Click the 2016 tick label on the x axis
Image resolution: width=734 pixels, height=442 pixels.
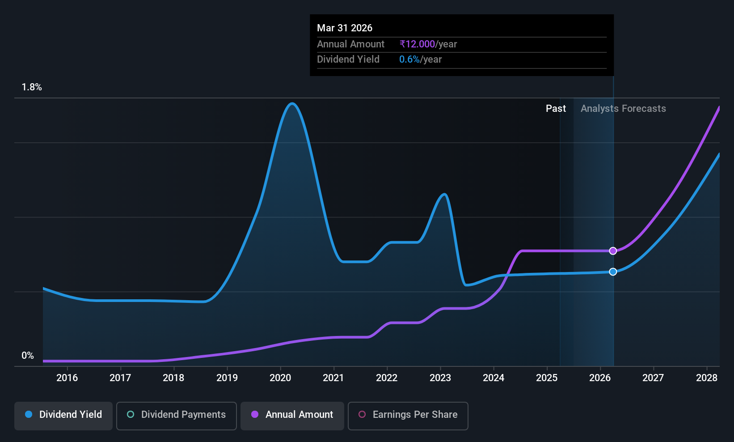67,378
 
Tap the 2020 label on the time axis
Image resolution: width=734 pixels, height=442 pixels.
280,378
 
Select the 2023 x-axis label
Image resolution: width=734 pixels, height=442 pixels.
440,378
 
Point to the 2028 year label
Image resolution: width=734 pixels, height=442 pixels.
707,378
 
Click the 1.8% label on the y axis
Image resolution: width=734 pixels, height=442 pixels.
32,87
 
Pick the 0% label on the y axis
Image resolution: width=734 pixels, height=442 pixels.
28,356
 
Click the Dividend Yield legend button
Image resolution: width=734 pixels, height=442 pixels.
63,416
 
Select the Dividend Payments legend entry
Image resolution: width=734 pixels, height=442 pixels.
176,416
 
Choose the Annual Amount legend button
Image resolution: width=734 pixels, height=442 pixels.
292,416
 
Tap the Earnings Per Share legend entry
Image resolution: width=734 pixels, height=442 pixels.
408,416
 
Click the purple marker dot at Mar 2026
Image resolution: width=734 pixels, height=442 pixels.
613,251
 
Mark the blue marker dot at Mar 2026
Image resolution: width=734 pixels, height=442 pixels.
613,272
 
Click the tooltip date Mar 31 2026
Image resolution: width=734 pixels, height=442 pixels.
344,28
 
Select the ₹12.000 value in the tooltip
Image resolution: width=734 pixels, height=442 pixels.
417,44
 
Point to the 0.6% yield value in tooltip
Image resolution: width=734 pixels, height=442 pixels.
409,59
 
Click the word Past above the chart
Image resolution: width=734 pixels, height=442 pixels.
556,109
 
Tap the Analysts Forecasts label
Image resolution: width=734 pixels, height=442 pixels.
623,109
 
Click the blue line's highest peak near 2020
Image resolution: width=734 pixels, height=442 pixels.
292,104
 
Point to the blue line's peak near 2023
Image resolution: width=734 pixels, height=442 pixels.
444,194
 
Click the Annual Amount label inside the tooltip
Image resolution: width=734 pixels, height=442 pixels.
350,44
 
